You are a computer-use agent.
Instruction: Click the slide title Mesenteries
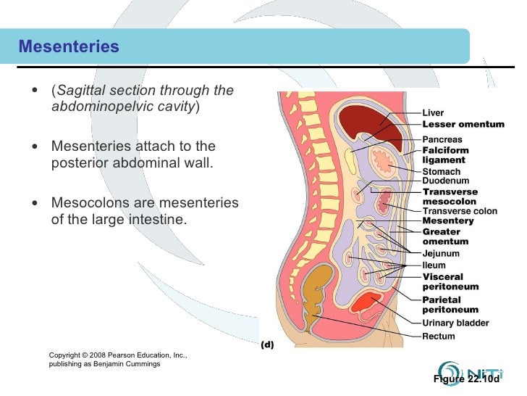tap(69, 47)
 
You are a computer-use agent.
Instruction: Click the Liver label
tap(433, 113)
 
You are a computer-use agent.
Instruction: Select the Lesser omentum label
tap(463, 124)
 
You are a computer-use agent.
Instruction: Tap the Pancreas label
tap(442, 139)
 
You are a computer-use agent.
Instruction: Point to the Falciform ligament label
tap(444, 155)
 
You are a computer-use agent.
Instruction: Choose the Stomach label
tap(442, 172)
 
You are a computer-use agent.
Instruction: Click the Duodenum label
tap(446, 181)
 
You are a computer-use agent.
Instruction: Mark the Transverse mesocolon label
tap(450, 197)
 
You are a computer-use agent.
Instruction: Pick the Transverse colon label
tap(460, 211)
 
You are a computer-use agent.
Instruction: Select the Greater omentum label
tap(445, 236)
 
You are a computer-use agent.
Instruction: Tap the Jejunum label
tap(441, 254)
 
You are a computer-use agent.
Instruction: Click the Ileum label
tap(434, 265)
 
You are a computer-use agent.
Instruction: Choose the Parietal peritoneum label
tap(450, 305)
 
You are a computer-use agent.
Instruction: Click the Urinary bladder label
tap(455, 323)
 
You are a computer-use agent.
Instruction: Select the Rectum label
tap(439, 337)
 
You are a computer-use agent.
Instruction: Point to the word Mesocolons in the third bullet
tap(90, 203)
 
